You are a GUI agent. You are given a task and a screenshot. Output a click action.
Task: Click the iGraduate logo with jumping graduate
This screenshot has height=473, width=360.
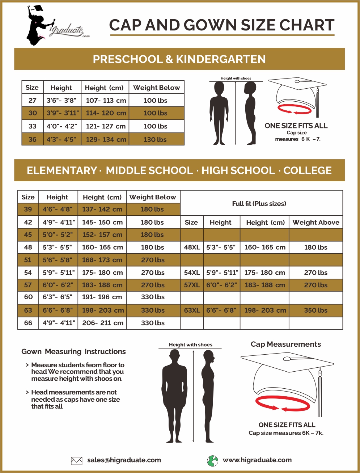click(x=54, y=25)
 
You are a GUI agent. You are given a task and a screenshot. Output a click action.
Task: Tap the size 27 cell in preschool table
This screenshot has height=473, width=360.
click(x=33, y=100)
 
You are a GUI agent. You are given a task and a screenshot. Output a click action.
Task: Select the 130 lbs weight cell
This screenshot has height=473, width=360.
click(x=155, y=139)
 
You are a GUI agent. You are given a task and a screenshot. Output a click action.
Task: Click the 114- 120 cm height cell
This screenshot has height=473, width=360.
click(x=106, y=113)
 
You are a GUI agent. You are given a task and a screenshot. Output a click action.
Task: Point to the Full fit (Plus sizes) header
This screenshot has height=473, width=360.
click(x=259, y=203)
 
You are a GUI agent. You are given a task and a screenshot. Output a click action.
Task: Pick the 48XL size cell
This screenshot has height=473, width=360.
click(x=192, y=247)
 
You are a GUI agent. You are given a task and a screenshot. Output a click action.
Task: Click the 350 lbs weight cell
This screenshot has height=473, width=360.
click(x=315, y=310)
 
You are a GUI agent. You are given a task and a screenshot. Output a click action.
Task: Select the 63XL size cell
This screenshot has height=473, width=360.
click(x=192, y=310)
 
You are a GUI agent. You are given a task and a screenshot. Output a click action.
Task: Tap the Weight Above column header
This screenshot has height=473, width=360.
click(x=316, y=223)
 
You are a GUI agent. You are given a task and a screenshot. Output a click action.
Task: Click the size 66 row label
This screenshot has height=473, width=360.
click(x=28, y=323)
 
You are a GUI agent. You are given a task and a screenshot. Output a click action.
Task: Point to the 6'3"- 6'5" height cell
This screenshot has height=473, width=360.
click(x=58, y=297)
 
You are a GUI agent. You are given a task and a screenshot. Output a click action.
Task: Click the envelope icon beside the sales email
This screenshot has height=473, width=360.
click(x=76, y=461)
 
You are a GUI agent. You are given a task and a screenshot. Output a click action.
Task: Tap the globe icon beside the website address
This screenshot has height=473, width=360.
click(x=213, y=461)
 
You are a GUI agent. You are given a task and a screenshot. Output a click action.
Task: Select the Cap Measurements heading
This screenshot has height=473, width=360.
click(x=286, y=344)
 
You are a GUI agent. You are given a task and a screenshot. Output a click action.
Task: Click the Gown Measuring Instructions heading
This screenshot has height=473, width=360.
click(x=73, y=351)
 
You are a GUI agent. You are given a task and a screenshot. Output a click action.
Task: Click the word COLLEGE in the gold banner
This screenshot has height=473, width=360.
click(x=308, y=170)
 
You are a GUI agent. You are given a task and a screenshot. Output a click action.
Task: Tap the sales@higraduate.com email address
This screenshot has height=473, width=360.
click(x=124, y=460)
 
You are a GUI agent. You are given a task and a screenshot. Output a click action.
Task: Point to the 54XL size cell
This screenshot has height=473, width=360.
click(x=192, y=273)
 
